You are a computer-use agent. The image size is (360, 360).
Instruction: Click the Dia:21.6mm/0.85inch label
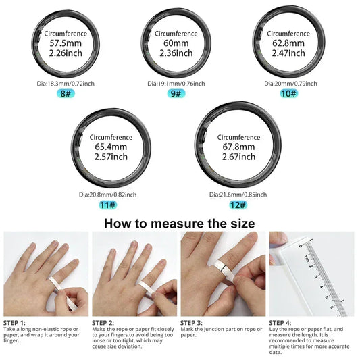tap(238, 194)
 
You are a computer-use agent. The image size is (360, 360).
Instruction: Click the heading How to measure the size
tap(180, 222)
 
